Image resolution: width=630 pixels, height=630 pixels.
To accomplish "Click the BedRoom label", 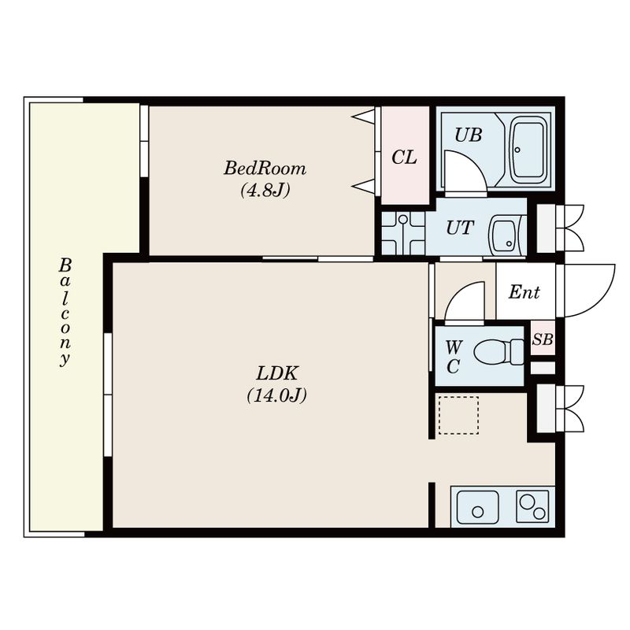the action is coord(265,168).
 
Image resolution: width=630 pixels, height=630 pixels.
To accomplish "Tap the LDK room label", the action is coord(277,373).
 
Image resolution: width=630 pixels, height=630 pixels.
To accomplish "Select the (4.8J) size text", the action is coord(265,190).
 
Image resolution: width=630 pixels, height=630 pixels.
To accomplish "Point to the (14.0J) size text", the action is coord(277,395).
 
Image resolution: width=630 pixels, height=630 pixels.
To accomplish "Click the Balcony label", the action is coord(65,312).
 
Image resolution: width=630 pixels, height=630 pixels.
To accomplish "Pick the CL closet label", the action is coord(404,157).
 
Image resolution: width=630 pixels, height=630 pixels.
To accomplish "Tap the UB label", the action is coord(468,135).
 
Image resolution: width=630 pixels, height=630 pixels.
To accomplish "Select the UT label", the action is coord(460,228).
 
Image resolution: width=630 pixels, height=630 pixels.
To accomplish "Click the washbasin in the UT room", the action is coord(505,236).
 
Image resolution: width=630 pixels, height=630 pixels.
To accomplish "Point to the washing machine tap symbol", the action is coord(402,233).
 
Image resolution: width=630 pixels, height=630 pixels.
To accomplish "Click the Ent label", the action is coord(524,292).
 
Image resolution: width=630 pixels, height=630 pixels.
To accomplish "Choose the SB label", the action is coord(543,339).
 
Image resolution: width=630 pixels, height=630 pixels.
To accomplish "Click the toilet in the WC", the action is coord(499,352).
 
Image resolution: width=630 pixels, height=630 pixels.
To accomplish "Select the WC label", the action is coord(454,356).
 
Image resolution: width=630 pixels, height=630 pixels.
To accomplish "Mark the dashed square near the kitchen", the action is coord(458,415).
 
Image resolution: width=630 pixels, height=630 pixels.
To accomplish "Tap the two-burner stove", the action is coord(532,506).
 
